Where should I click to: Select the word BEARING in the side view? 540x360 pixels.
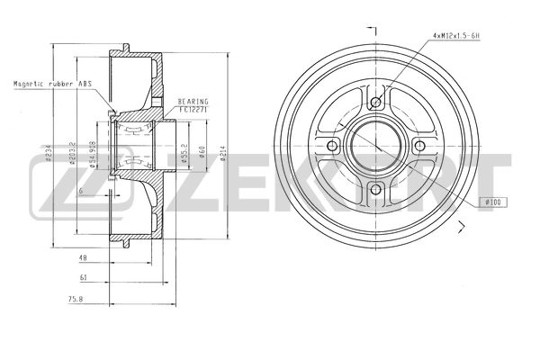(x=193, y=102)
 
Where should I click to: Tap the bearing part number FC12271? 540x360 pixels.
(x=193, y=109)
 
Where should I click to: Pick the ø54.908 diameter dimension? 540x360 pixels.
(x=93, y=153)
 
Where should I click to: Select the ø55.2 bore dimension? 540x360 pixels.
(x=184, y=151)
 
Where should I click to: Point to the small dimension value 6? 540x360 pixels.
(x=80, y=192)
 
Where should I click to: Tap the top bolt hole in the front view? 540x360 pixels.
(x=375, y=101)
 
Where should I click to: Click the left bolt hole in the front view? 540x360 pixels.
(x=332, y=147)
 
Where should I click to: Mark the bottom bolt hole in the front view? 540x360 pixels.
(x=375, y=190)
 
